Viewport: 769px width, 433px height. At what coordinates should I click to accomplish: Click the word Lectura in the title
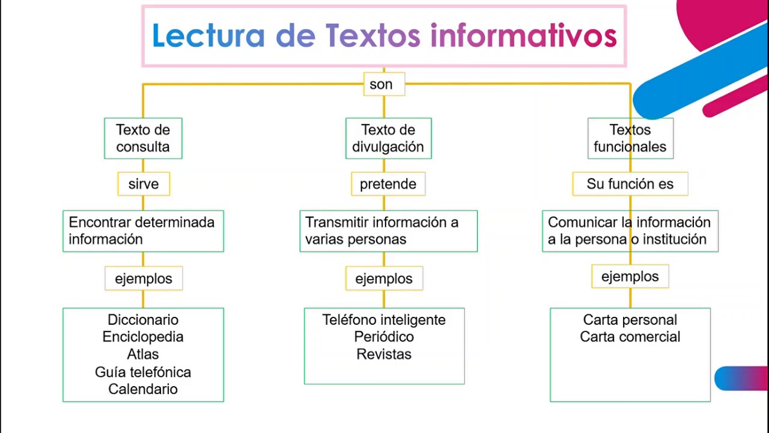(208, 35)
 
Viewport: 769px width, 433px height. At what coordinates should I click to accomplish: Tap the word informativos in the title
(523, 35)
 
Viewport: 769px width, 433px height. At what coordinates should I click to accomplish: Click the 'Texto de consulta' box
(143, 138)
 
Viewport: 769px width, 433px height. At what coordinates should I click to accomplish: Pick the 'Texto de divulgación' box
(388, 138)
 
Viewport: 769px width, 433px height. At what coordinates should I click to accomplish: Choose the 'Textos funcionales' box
(630, 138)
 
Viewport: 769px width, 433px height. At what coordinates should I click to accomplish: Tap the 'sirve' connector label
(144, 184)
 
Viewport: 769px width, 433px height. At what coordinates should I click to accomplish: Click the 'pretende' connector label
(388, 184)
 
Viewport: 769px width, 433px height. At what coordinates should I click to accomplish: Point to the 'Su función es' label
(630, 184)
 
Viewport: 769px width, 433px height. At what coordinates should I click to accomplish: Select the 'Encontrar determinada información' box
(143, 231)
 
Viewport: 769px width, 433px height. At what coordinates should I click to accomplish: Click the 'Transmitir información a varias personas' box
(388, 231)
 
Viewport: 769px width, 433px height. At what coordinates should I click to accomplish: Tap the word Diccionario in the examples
(143, 320)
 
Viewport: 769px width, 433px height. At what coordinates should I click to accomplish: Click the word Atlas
(143, 354)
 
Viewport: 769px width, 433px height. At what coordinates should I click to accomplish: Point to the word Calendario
(143, 389)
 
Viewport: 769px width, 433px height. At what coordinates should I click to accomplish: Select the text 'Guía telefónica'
(143, 372)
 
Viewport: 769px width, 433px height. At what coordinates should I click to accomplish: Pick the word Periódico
(384, 337)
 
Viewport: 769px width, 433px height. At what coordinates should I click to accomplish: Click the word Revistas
(384, 354)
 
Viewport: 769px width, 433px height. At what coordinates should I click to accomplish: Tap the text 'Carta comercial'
(630, 337)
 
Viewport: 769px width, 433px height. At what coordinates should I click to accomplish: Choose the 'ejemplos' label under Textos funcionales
(630, 277)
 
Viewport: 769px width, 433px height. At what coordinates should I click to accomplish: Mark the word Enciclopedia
(143, 337)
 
